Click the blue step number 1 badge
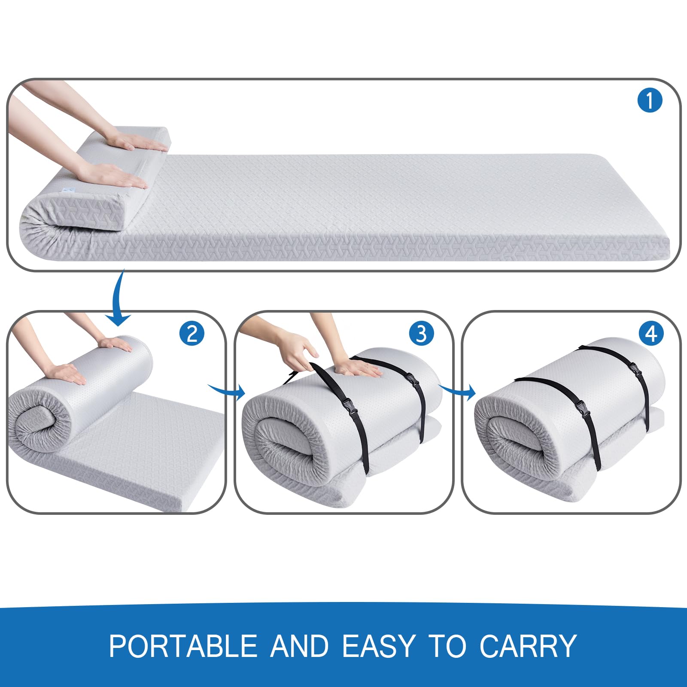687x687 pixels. click(x=650, y=100)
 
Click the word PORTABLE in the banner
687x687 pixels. click(x=183, y=646)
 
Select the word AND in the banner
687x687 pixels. click(x=300, y=646)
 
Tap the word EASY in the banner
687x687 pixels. click(x=379, y=646)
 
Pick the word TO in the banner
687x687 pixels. click(x=447, y=646)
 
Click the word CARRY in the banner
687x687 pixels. click(x=528, y=646)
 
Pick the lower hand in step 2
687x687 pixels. click(x=69, y=374)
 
